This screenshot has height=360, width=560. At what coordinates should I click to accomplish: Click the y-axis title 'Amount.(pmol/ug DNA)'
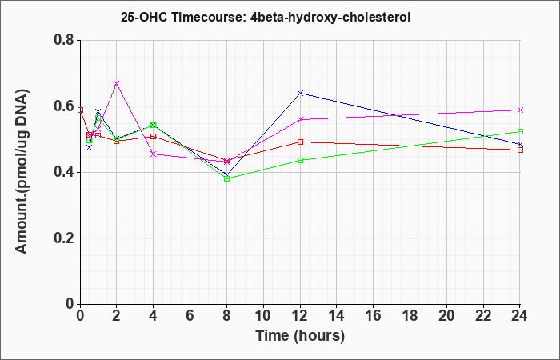[22, 172]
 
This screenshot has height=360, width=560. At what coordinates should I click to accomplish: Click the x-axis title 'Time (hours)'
[300, 336]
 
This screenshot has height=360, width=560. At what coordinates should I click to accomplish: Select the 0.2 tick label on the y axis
[65, 238]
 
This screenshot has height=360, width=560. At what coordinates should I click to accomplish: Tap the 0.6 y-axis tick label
[65, 106]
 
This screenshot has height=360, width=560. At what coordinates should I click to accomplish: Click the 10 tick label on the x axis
[263, 315]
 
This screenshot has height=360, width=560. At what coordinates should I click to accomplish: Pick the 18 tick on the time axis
[410, 315]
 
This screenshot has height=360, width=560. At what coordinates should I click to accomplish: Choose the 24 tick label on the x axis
[519, 315]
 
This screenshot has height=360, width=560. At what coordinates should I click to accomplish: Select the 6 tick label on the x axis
[190, 315]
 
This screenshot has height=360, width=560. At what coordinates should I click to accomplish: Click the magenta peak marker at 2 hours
[116, 83]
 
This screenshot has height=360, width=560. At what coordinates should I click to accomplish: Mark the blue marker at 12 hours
[300, 93]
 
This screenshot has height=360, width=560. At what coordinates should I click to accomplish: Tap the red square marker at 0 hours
[80, 110]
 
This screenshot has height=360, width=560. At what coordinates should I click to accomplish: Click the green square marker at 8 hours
[226, 178]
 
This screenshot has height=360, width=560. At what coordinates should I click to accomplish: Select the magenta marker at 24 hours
[520, 110]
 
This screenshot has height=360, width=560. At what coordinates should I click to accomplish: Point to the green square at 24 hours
[520, 131]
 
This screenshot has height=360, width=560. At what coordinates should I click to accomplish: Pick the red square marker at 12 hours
[300, 142]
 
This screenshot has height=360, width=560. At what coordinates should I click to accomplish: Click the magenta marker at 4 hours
[154, 154]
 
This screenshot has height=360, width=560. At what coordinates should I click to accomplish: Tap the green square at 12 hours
[300, 160]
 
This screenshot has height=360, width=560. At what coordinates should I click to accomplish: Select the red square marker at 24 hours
[520, 150]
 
